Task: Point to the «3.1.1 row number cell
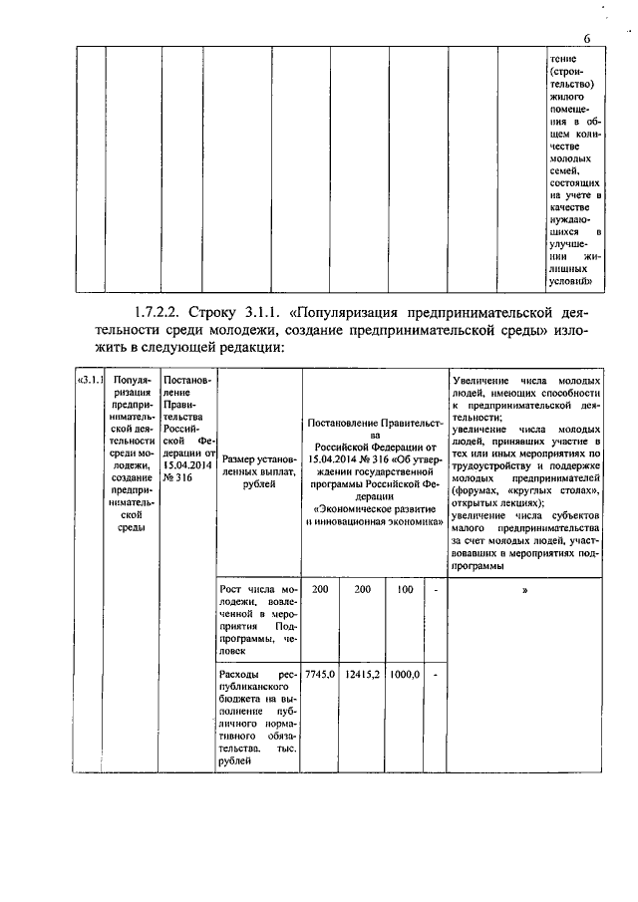(91, 381)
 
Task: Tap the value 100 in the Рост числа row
(405, 590)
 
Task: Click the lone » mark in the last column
(524, 590)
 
